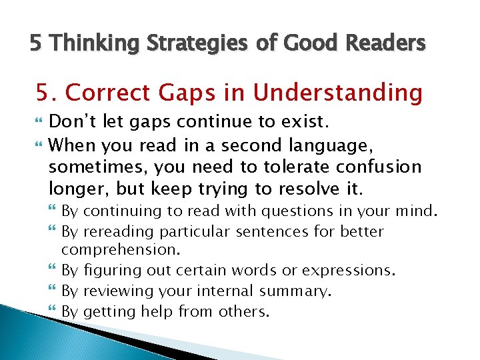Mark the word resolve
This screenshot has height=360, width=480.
[309, 189]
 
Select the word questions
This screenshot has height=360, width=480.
[288, 212]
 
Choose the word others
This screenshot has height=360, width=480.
[243, 311]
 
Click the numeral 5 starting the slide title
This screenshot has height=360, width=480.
[35, 44]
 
